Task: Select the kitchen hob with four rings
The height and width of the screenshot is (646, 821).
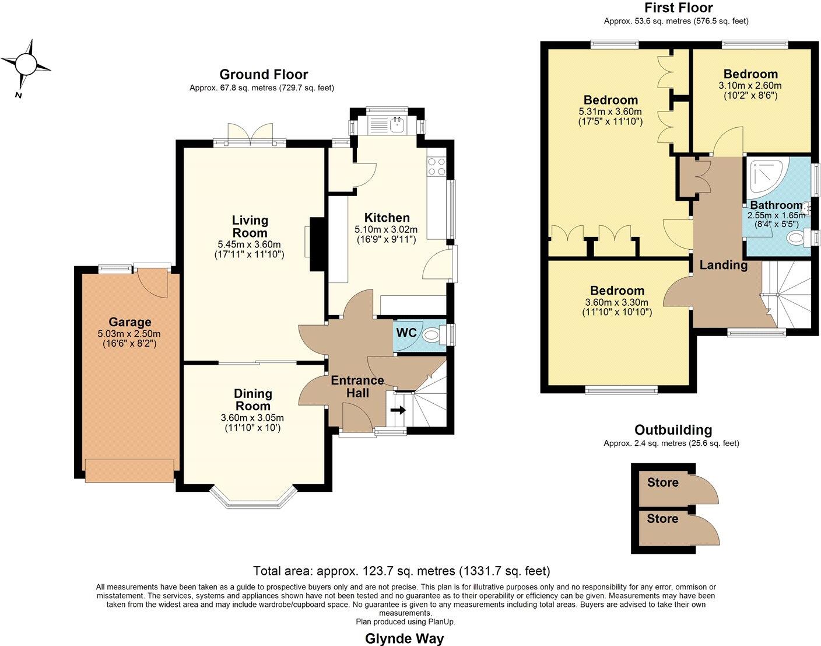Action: (x=436, y=167)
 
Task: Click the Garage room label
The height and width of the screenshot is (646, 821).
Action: (x=129, y=322)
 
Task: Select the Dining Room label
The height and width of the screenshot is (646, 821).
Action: (x=252, y=400)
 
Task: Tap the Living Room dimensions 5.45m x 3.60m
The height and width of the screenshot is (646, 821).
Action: (x=250, y=244)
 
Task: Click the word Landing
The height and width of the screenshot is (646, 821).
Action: (x=723, y=265)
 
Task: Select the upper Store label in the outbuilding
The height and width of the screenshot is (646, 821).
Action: (x=662, y=483)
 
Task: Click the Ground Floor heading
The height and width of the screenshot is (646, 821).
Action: (x=264, y=75)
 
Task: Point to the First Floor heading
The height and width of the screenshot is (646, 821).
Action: (x=678, y=8)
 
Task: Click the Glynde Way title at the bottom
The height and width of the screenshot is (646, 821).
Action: (x=404, y=638)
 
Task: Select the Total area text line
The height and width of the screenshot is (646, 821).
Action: (x=401, y=571)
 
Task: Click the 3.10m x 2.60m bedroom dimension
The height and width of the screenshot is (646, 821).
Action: (x=750, y=85)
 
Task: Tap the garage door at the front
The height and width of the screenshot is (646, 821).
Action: (x=129, y=470)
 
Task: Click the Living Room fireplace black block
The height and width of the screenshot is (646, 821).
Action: (x=318, y=244)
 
